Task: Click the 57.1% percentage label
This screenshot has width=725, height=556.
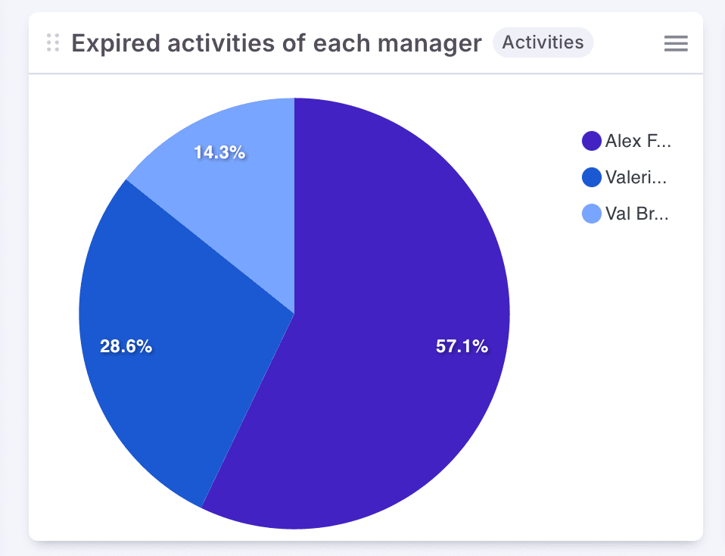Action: [462, 347]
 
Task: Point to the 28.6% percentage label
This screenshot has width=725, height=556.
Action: [126, 347]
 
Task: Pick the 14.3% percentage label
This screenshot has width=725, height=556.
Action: [219, 152]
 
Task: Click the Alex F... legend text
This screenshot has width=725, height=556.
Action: [638, 141]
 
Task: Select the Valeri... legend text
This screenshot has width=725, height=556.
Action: [636, 177]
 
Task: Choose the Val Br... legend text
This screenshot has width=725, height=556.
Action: [637, 214]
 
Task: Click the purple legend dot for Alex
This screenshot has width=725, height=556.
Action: [591, 141]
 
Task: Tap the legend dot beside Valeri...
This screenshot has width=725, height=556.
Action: [591, 177]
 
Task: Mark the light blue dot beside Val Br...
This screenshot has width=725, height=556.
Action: [591, 214]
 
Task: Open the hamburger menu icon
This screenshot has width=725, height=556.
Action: [676, 44]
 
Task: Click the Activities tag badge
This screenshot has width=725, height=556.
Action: [543, 43]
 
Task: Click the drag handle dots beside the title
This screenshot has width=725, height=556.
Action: [52, 43]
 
